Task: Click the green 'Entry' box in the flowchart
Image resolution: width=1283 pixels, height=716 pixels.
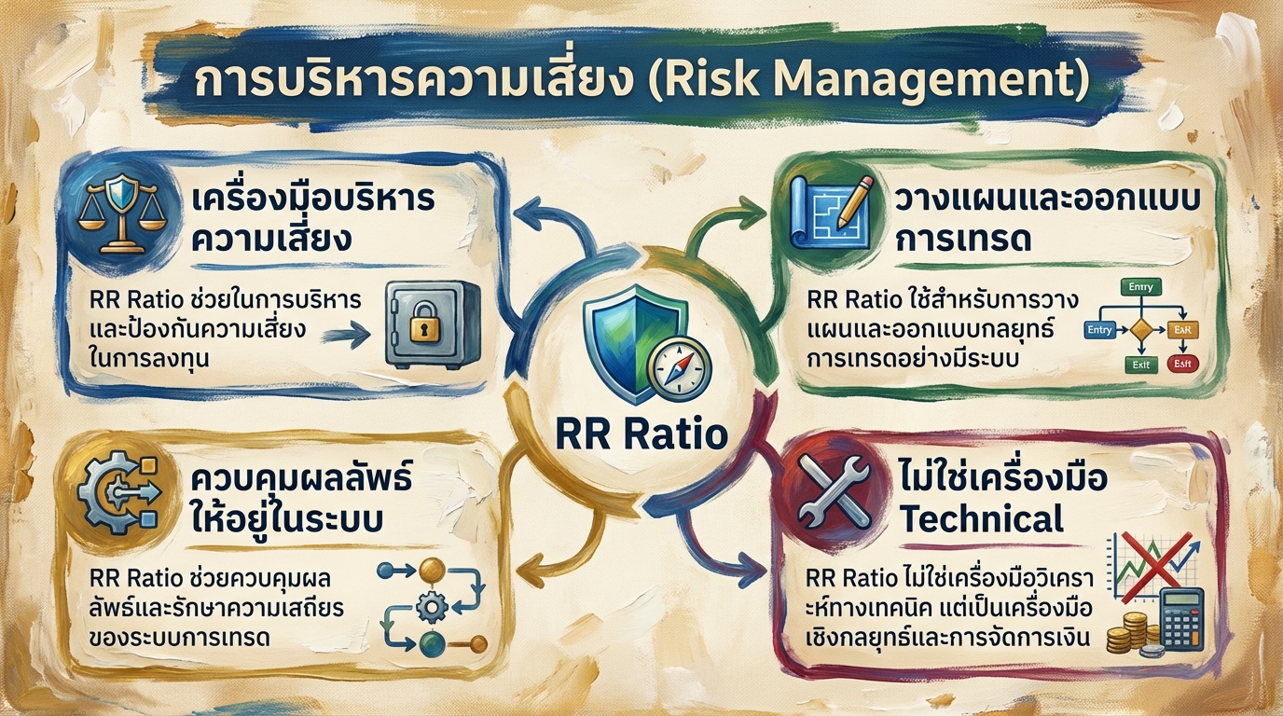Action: click(x=1138, y=289)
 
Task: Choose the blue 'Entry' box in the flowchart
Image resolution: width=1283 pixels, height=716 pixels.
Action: click(x=1100, y=330)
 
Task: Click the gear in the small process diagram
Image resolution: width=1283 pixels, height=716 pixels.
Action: click(x=430, y=607)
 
